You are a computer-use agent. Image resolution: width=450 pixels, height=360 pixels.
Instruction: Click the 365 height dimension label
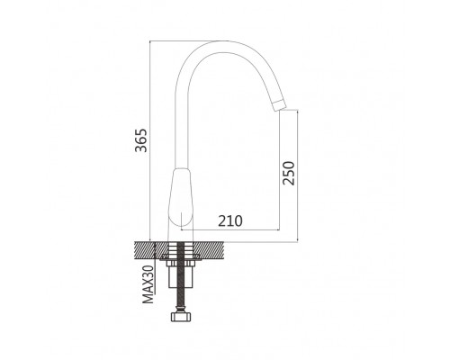click(x=140, y=140)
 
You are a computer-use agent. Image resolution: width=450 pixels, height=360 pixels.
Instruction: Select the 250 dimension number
click(x=289, y=174)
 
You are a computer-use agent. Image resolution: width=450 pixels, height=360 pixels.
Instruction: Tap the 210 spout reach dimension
click(x=230, y=221)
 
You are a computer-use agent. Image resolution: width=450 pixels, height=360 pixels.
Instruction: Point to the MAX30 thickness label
click(x=148, y=284)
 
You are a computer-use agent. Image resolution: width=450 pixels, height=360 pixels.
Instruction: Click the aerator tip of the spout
click(x=279, y=104)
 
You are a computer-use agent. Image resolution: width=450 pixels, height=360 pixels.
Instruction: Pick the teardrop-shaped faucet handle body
click(x=181, y=197)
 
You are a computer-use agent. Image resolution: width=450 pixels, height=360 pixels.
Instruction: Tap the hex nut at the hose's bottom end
click(x=181, y=317)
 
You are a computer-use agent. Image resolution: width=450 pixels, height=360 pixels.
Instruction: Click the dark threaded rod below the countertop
click(x=181, y=276)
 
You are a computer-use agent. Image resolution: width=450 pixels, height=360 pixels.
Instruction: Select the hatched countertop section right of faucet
click(x=209, y=250)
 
